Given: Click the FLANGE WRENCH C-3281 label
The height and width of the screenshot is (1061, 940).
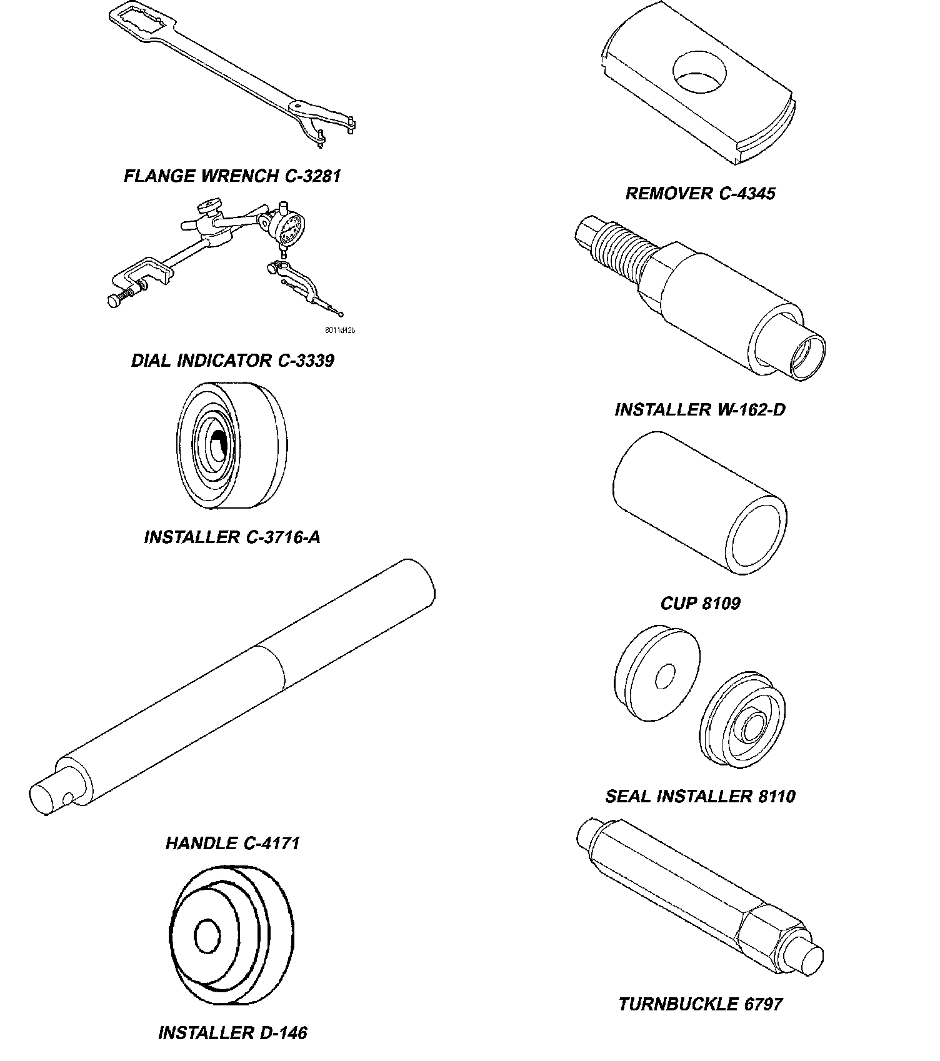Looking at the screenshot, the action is [232, 176].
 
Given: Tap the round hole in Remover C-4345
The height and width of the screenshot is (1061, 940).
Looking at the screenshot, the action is [699, 72].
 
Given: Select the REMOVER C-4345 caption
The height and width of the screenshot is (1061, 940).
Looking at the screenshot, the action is [700, 193].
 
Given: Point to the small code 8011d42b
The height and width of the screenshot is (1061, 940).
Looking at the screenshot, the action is [339, 331].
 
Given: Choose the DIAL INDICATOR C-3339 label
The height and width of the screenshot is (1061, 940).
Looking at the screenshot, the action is [232, 361].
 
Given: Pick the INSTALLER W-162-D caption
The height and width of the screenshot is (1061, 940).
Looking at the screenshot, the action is [700, 409].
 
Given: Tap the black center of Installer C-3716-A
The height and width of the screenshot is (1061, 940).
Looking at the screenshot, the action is [217, 445].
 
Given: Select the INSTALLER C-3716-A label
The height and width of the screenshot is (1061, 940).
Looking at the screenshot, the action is [232, 537].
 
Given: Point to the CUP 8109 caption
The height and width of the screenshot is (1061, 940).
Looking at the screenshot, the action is [700, 603].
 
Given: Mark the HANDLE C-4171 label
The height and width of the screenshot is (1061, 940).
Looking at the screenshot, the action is [232, 843].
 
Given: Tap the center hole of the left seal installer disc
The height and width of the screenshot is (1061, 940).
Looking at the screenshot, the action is [666, 678].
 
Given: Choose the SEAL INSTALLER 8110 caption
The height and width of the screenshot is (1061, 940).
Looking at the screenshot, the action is [700, 796].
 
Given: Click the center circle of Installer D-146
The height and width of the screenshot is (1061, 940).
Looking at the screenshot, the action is [208, 935].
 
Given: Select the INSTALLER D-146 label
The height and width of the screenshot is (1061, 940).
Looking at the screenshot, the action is [232, 1033].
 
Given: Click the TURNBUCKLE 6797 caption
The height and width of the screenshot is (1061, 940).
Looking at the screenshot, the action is [700, 1004].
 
